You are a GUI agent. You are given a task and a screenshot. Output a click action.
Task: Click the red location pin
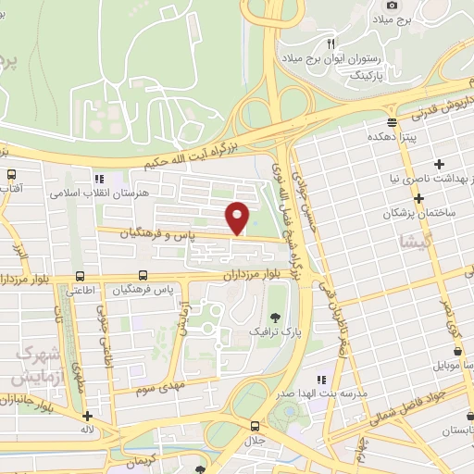click(x=238, y=216)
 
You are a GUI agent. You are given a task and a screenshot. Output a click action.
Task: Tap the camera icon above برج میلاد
click(x=392, y=6)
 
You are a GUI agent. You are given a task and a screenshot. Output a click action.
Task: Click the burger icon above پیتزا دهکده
click(x=393, y=122)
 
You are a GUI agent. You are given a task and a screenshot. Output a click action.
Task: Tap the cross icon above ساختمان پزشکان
click(x=419, y=198)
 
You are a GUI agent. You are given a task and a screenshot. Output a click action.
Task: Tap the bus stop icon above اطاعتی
click(x=81, y=276)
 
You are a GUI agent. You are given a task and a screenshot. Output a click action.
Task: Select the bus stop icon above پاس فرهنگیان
click(x=143, y=276)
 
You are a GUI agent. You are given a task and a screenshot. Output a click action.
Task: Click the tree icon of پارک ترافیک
click(x=275, y=318)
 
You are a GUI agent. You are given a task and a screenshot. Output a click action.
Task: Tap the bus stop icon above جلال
click(x=255, y=426)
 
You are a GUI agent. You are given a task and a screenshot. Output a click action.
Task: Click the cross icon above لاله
click(x=87, y=417)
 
